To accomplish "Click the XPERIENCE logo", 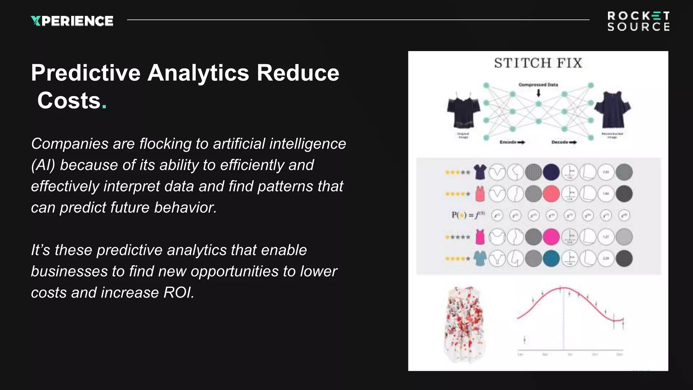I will coord(72,21).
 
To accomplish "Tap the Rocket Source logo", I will coord(638,21).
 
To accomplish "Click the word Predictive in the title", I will coord(86,73).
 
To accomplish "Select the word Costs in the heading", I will coord(69,101).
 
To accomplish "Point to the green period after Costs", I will coord(104,107).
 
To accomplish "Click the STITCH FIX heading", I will coord(538,63).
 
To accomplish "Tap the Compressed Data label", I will coord(538,85).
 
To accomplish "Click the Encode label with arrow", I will coord(512,142).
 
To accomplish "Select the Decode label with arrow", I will coord(564,142).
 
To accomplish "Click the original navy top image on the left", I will coord(463,110).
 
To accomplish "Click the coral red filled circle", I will coord(551,194).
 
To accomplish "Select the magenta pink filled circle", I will coord(551,237).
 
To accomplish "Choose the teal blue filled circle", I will coord(551,259).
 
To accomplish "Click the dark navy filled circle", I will coord(551,172).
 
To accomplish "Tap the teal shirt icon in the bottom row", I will coord(480,259).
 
